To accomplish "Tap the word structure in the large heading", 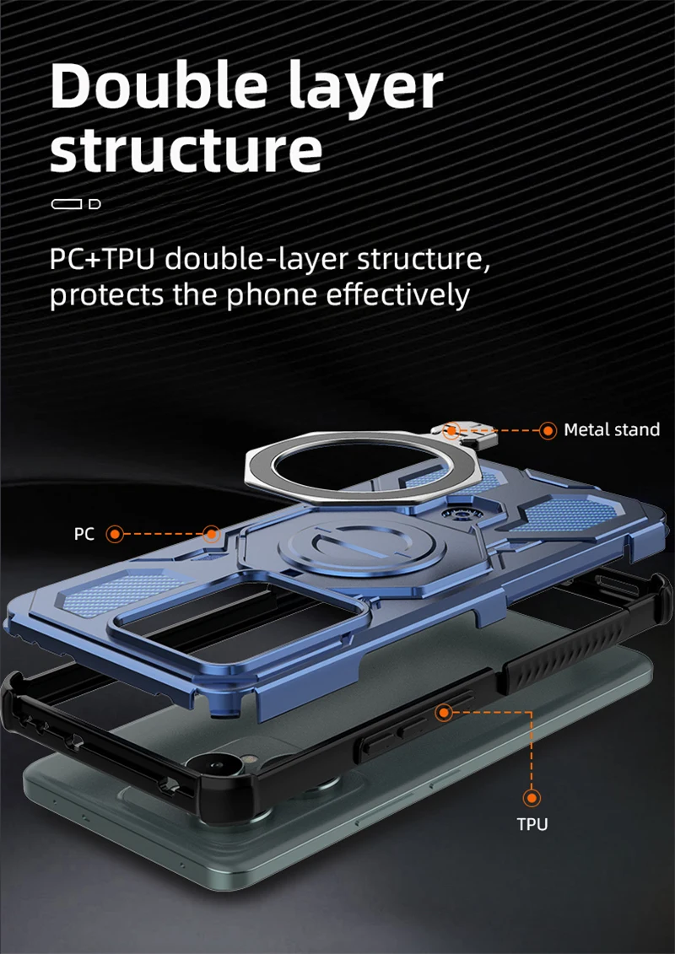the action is point(186,148).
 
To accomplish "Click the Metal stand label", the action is point(612,430).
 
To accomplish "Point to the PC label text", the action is point(84,534).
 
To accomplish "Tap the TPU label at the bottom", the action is point(532,823).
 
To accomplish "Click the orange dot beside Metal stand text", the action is point(548,430).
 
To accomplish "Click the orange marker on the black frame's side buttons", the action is point(444,713).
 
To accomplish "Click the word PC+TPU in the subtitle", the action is point(101,259).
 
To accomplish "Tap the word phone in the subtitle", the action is point(258,296).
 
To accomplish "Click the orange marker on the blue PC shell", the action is point(211,533).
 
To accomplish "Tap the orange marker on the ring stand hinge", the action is point(452,430).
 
